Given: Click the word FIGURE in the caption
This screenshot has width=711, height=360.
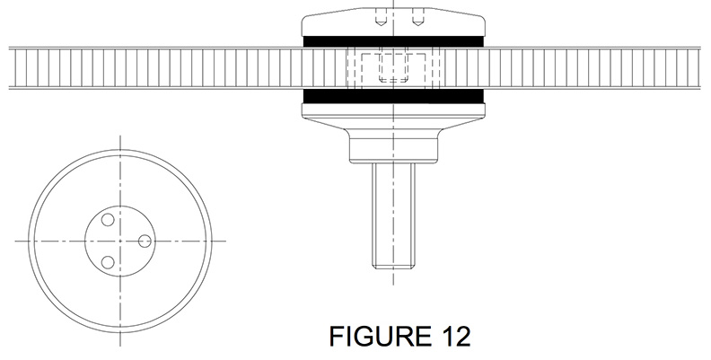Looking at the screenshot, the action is click(x=380, y=337).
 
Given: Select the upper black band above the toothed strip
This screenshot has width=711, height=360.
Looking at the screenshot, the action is click(x=393, y=41).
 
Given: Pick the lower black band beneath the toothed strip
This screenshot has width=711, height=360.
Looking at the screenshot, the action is click(x=393, y=96).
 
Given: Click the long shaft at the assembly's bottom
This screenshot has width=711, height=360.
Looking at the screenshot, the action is click(x=393, y=215).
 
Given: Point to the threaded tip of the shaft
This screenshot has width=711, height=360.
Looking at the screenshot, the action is click(x=393, y=264).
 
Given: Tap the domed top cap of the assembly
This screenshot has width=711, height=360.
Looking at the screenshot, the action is click(x=393, y=22).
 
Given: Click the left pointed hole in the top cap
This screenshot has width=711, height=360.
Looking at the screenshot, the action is click(x=381, y=21).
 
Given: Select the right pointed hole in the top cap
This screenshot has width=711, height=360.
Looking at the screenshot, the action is click(x=417, y=21).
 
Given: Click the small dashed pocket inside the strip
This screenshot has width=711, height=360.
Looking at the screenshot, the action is click(x=393, y=68).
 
